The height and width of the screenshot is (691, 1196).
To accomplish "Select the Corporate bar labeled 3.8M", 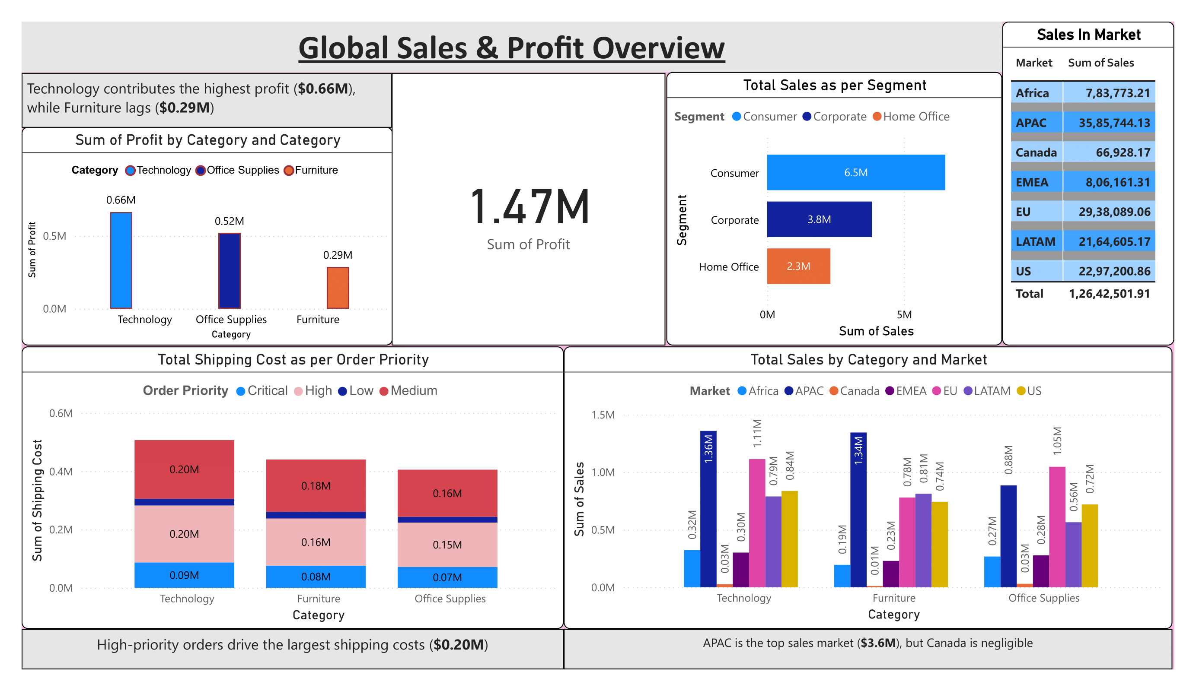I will (x=819, y=219).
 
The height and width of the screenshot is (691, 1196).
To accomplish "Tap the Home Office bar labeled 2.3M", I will (x=798, y=266).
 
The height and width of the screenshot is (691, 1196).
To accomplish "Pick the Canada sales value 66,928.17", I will (x=1123, y=152).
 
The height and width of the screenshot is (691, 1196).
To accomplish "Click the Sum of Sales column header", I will (x=1100, y=63).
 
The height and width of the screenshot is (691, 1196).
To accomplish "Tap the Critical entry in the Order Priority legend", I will (x=267, y=390).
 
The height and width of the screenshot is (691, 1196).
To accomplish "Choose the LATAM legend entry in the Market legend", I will (x=992, y=391).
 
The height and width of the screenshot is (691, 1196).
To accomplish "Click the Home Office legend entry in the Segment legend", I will (x=915, y=117).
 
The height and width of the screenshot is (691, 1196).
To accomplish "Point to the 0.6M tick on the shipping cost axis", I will (x=61, y=413).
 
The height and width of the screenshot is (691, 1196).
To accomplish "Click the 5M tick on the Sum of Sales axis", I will (x=904, y=314).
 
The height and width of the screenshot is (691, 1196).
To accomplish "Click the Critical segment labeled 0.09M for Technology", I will (x=184, y=575).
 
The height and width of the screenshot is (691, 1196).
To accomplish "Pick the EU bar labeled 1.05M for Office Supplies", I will (x=1057, y=526).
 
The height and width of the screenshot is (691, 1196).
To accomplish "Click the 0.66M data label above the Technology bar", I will (x=121, y=200).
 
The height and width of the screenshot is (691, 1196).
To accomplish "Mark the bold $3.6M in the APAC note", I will (x=878, y=643).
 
